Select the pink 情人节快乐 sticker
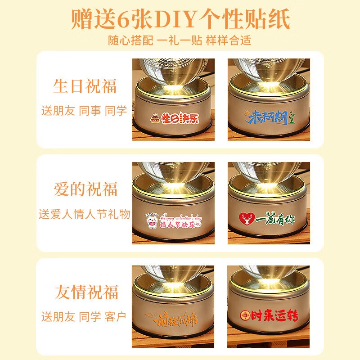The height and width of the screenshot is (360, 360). [173, 219]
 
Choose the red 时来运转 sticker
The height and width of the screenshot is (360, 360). [269, 316]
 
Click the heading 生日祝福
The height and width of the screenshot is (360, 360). [85, 86]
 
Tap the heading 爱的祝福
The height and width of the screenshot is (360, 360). [85, 189]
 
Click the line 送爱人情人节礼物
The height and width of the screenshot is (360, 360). [85, 213]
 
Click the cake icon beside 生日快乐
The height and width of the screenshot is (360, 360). [155, 120]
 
